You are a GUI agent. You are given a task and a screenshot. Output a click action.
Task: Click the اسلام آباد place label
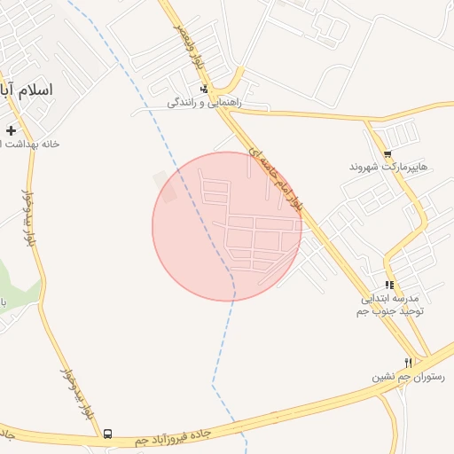(x=27, y=90)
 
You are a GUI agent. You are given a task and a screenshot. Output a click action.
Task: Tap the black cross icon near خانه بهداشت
(x=11, y=130)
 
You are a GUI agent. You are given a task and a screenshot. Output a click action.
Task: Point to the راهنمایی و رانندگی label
(x=204, y=103)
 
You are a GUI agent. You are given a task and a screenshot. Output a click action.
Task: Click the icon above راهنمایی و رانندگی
(x=205, y=89)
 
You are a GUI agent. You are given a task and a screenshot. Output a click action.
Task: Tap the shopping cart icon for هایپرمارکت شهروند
(x=387, y=153)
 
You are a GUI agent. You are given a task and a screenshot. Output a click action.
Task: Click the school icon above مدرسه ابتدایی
(x=389, y=285)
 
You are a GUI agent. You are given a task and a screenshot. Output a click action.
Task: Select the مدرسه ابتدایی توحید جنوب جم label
(x=390, y=305)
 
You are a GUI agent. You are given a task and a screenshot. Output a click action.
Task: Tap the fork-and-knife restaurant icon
(x=408, y=362)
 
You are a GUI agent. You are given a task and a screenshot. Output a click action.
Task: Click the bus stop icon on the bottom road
(x=108, y=434)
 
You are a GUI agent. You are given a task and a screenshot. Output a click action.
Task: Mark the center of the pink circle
(x=227, y=226)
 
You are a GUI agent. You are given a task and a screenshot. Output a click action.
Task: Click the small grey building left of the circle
(x=165, y=187)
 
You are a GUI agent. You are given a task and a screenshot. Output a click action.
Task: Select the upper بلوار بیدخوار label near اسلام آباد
(x=29, y=218)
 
